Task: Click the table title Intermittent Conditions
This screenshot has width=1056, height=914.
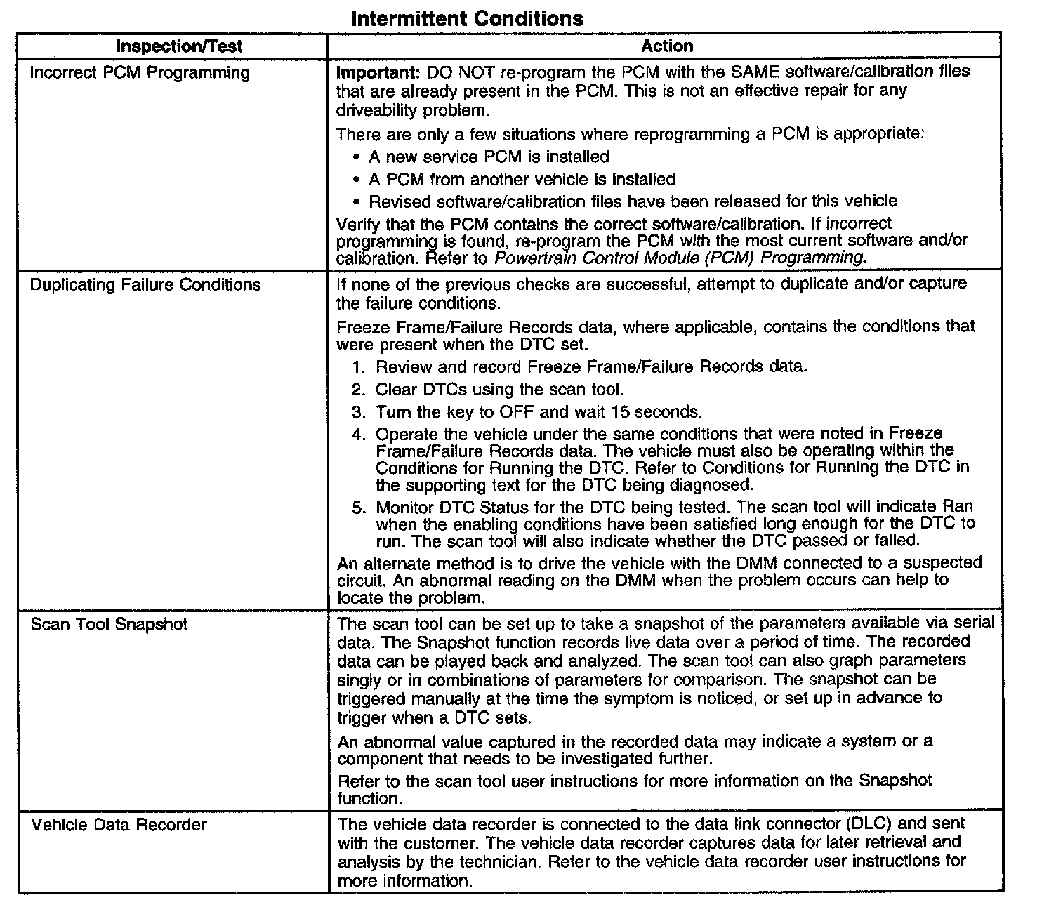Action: pos(466,18)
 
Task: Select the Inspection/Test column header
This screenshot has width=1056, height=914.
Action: pos(179,47)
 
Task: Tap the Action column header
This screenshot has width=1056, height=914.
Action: pos(666,46)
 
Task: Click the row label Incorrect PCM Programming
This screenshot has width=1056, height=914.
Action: pos(140,73)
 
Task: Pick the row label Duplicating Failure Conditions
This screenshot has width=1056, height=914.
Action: pos(145,285)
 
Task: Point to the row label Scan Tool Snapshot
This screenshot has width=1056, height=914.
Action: pos(109,624)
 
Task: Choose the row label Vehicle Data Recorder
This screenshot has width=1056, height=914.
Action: pos(119,825)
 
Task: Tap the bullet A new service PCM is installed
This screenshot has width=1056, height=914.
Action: pos(489,157)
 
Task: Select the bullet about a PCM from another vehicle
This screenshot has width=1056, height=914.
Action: pos(522,179)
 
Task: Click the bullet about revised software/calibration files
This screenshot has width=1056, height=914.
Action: pos(633,201)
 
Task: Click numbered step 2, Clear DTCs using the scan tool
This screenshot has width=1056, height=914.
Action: pos(499,389)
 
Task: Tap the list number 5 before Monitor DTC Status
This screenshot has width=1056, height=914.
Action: pos(359,507)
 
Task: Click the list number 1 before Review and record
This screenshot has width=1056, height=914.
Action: pos(359,366)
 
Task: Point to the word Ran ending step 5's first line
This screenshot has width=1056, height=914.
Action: pos(957,507)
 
